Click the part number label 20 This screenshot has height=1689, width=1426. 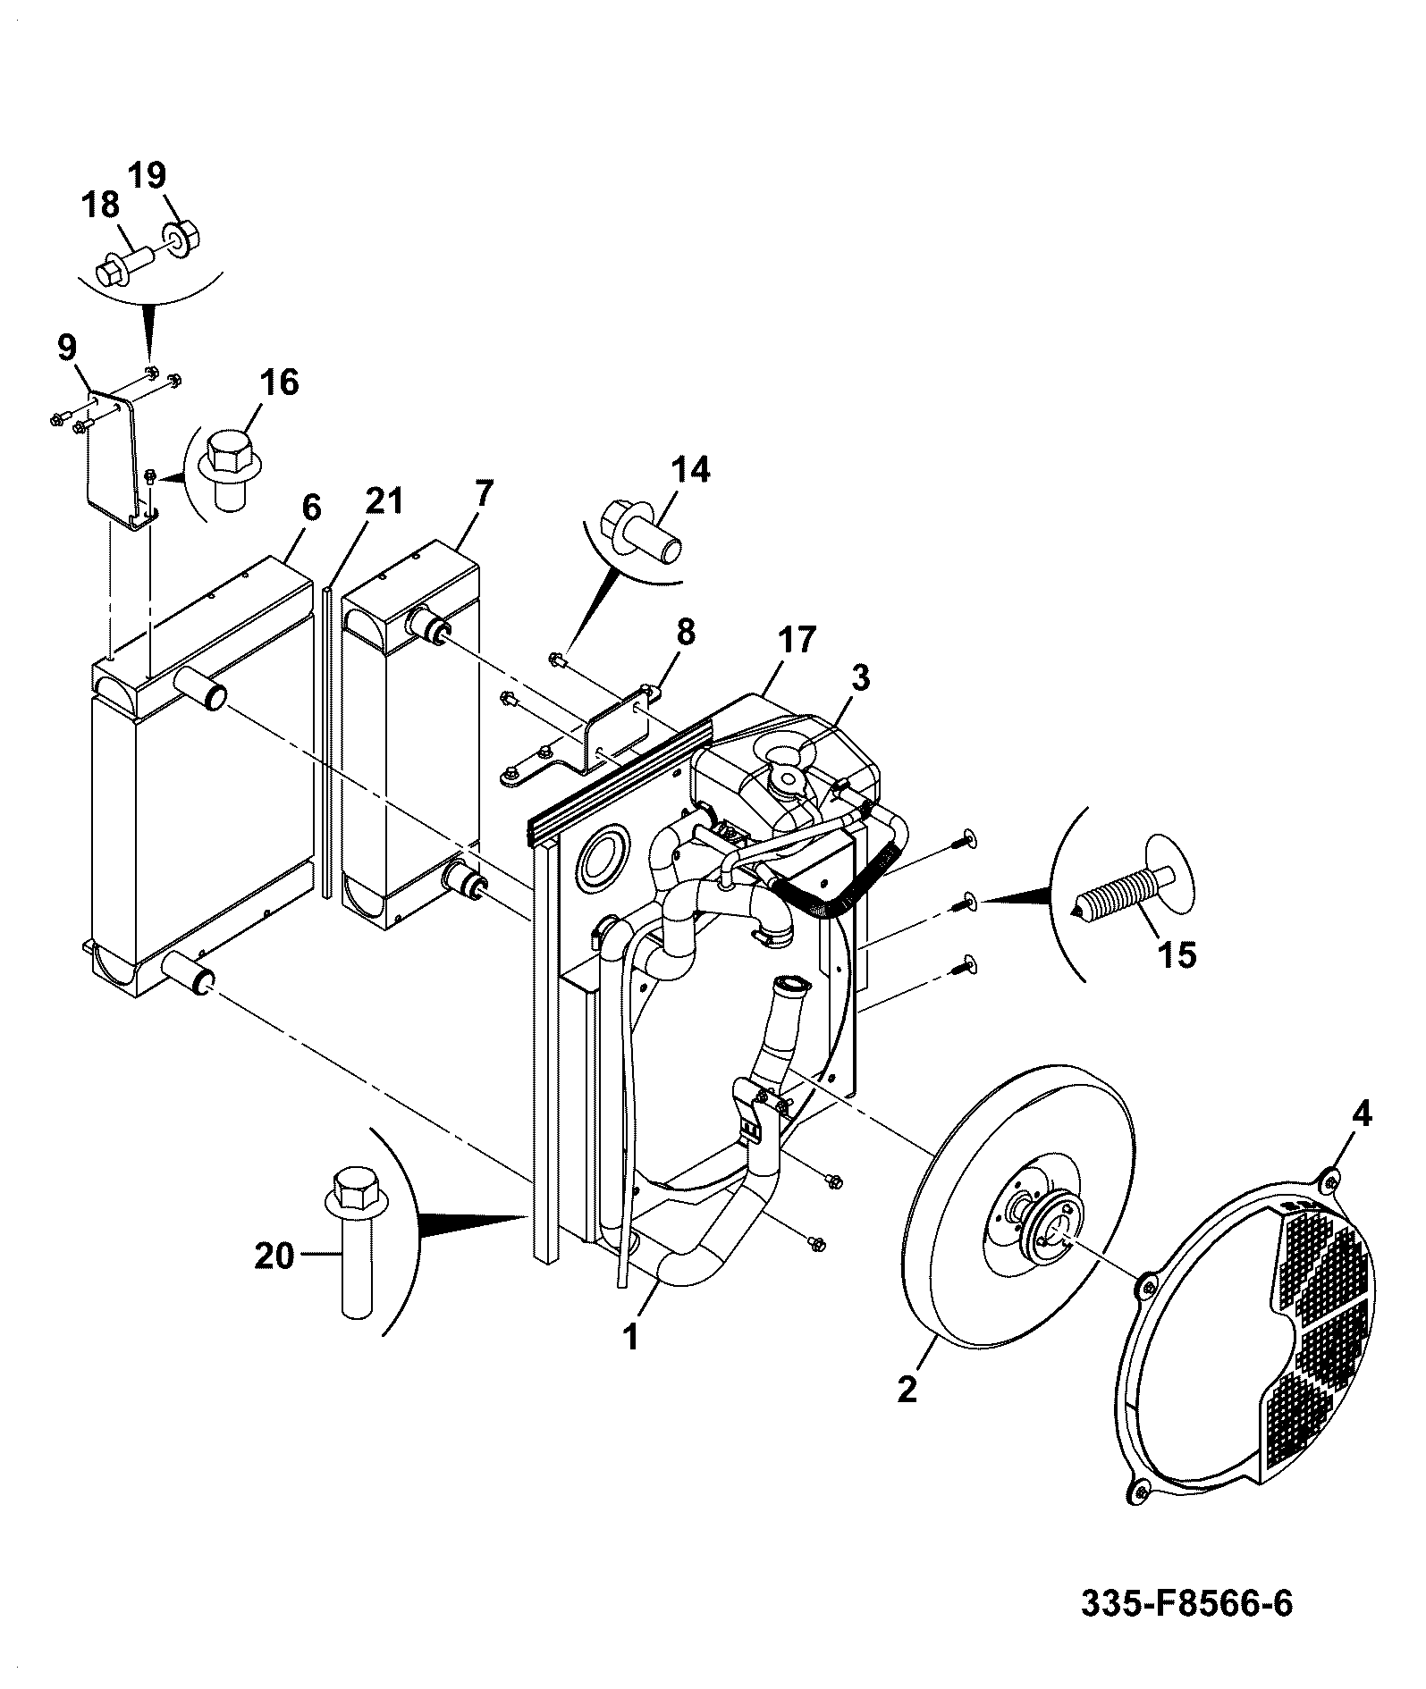(x=274, y=1256)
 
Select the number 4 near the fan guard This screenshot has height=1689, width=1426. (x=1362, y=1115)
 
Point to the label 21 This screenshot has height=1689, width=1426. (x=384, y=501)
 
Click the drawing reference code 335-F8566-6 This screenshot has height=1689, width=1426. (x=1187, y=1604)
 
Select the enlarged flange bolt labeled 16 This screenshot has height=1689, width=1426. (x=230, y=471)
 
